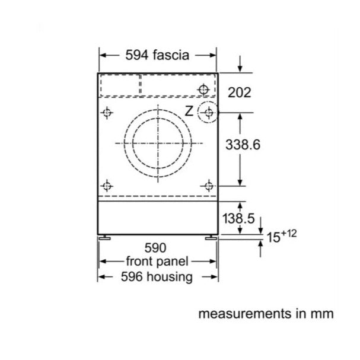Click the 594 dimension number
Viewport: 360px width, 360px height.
click(136, 55)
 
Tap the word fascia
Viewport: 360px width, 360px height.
click(171, 55)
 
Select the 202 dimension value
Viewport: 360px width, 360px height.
click(239, 93)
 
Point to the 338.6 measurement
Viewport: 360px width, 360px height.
click(243, 145)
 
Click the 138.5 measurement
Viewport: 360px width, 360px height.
click(238, 218)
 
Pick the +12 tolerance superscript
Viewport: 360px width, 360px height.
click(289, 234)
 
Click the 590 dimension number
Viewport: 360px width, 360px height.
click(155, 248)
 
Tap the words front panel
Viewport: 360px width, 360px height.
click(157, 262)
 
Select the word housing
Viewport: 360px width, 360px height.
click(170, 276)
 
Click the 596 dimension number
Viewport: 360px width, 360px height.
click(132, 276)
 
